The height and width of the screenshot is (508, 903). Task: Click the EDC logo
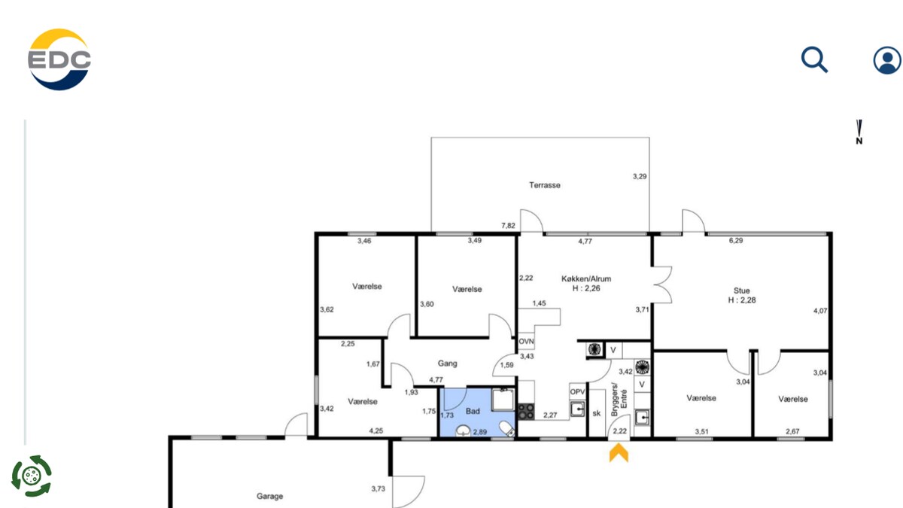(59, 59)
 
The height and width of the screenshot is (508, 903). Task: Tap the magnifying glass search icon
(814, 59)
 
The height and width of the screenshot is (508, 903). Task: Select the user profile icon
(887, 60)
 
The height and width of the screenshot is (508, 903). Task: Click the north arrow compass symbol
(859, 132)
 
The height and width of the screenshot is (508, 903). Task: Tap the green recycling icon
(32, 476)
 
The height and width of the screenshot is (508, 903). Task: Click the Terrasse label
(545, 185)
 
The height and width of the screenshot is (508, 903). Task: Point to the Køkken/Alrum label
(586, 278)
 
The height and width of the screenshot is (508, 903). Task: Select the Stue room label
(742, 291)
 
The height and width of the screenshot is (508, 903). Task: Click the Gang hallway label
(448, 364)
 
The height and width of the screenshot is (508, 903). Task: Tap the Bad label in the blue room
(473, 411)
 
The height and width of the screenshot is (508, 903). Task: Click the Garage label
(269, 496)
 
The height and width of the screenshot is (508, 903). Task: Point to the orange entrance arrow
(619, 452)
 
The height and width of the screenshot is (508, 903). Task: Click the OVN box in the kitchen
(526, 342)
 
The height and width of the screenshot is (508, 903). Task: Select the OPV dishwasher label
(577, 391)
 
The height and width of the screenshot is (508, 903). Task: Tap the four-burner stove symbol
(526, 412)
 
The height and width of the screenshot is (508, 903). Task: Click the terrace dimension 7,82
(508, 226)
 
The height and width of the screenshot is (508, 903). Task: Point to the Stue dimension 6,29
(736, 241)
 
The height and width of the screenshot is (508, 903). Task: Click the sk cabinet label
(597, 413)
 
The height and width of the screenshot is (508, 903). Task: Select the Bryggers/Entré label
(619, 399)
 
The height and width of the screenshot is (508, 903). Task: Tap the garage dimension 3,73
(378, 488)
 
